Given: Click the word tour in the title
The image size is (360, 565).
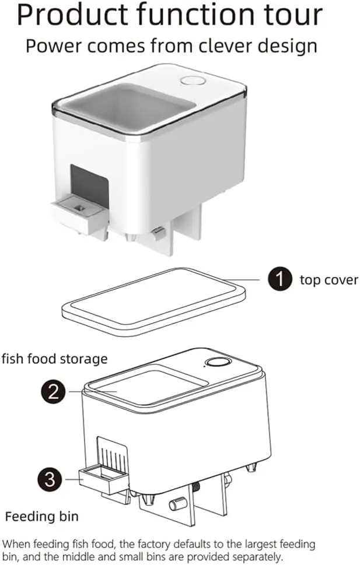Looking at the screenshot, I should pyautogui.click(x=292, y=16).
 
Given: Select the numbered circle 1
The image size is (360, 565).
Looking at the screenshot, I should pyautogui.click(x=280, y=279).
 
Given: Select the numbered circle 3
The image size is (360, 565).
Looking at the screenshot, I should pyautogui.click(x=50, y=479).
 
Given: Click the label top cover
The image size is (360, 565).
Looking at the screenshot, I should pyautogui.click(x=328, y=280).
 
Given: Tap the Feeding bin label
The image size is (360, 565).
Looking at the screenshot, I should pyautogui.click(x=42, y=517).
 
